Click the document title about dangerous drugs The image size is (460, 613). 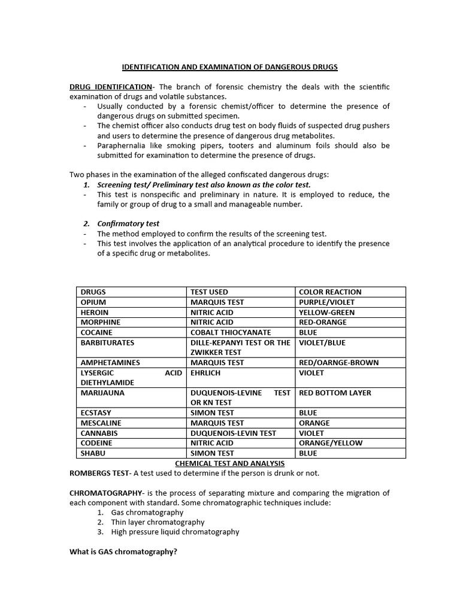pyautogui.click(x=230, y=67)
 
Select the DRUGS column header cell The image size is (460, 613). pyautogui.click(x=93, y=292)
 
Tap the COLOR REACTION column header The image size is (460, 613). pyautogui.click(x=330, y=292)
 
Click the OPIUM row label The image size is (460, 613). pyautogui.click(x=93, y=302)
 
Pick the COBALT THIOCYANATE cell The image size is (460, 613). pyautogui.click(x=231, y=332)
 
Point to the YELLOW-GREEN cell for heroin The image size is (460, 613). pyautogui.click(x=326, y=312)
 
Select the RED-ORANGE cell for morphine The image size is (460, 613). pyautogui.click(x=322, y=322)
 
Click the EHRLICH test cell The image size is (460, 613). pyautogui.click(x=205, y=372)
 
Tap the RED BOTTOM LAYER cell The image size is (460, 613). pyautogui.click(x=335, y=393)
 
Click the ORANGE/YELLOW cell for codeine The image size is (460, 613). pyautogui.click(x=330, y=443)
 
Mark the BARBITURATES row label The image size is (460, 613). pyautogui.click(x=108, y=343)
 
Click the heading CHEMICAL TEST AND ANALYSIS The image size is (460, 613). pyautogui.click(x=230, y=463)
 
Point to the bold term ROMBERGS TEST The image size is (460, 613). pyautogui.click(x=99, y=473)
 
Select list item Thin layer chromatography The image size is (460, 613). pyautogui.click(x=158, y=522)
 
